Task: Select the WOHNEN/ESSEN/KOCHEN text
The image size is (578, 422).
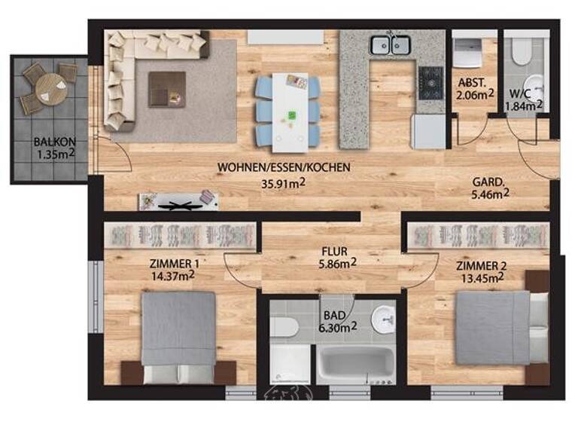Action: tap(284, 167)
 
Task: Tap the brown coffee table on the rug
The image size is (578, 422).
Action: tap(166, 88)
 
